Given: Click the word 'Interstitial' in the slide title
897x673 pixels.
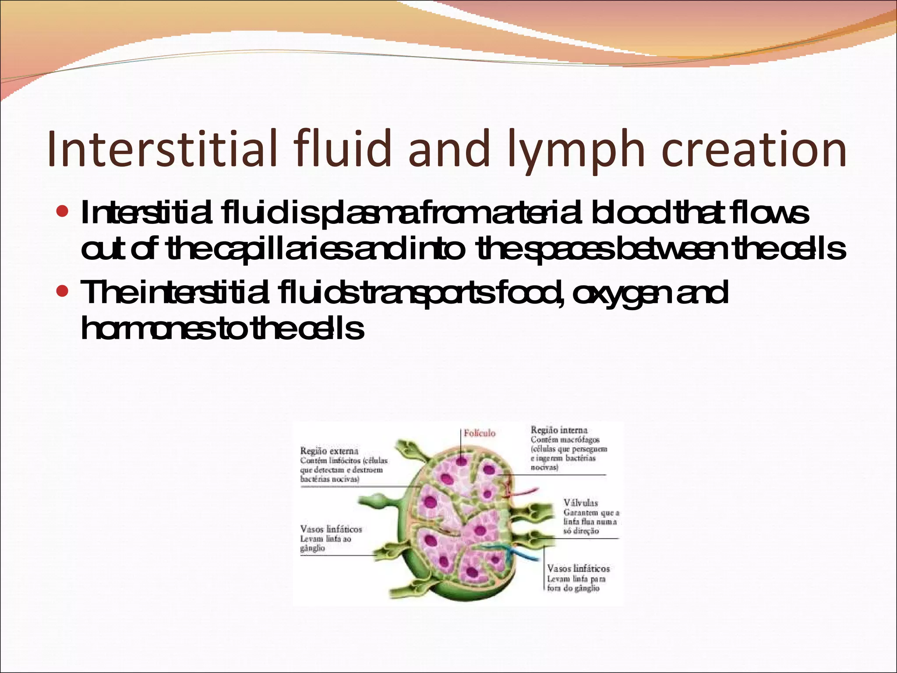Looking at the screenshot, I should pos(162,149).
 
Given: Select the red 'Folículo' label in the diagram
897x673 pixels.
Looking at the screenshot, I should pos(480,433).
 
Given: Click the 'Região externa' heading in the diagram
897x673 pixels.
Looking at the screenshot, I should pos(329,451).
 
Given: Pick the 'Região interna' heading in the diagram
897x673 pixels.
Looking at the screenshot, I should pos(559,430).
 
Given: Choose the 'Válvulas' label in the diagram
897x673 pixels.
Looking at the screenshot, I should pos(580,503).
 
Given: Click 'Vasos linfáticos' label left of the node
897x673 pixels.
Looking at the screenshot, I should pos(331,529).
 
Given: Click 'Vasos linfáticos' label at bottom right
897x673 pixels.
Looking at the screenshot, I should pos(578,569).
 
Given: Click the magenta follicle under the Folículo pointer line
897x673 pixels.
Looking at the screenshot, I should pos(461,461).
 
